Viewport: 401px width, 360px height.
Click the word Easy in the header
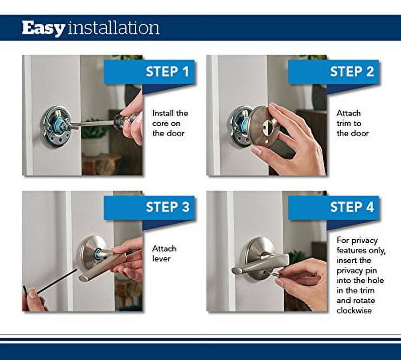(x=43, y=29)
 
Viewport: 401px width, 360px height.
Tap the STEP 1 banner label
(x=167, y=72)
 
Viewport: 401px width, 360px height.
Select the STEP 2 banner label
(x=352, y=72)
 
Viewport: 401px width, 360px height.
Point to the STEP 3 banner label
(x=167, y=207)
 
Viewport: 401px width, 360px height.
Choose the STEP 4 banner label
(x=352, y=207)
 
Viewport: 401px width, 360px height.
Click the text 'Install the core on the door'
(x=170, y=123)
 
